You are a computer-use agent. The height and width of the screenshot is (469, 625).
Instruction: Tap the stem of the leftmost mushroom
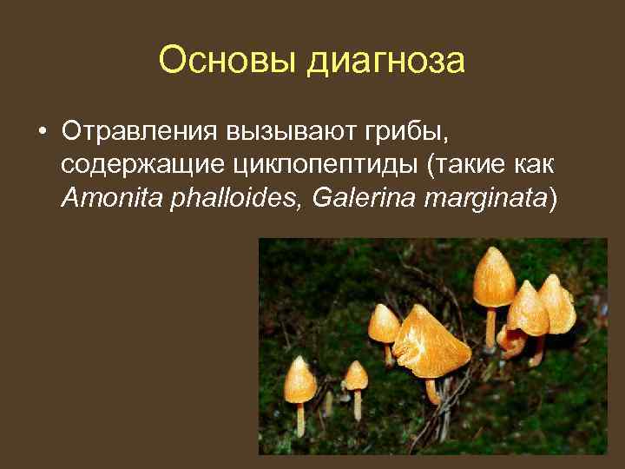tap(300, 419)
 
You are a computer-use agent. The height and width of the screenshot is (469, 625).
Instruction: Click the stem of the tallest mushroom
tap(490, 327)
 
